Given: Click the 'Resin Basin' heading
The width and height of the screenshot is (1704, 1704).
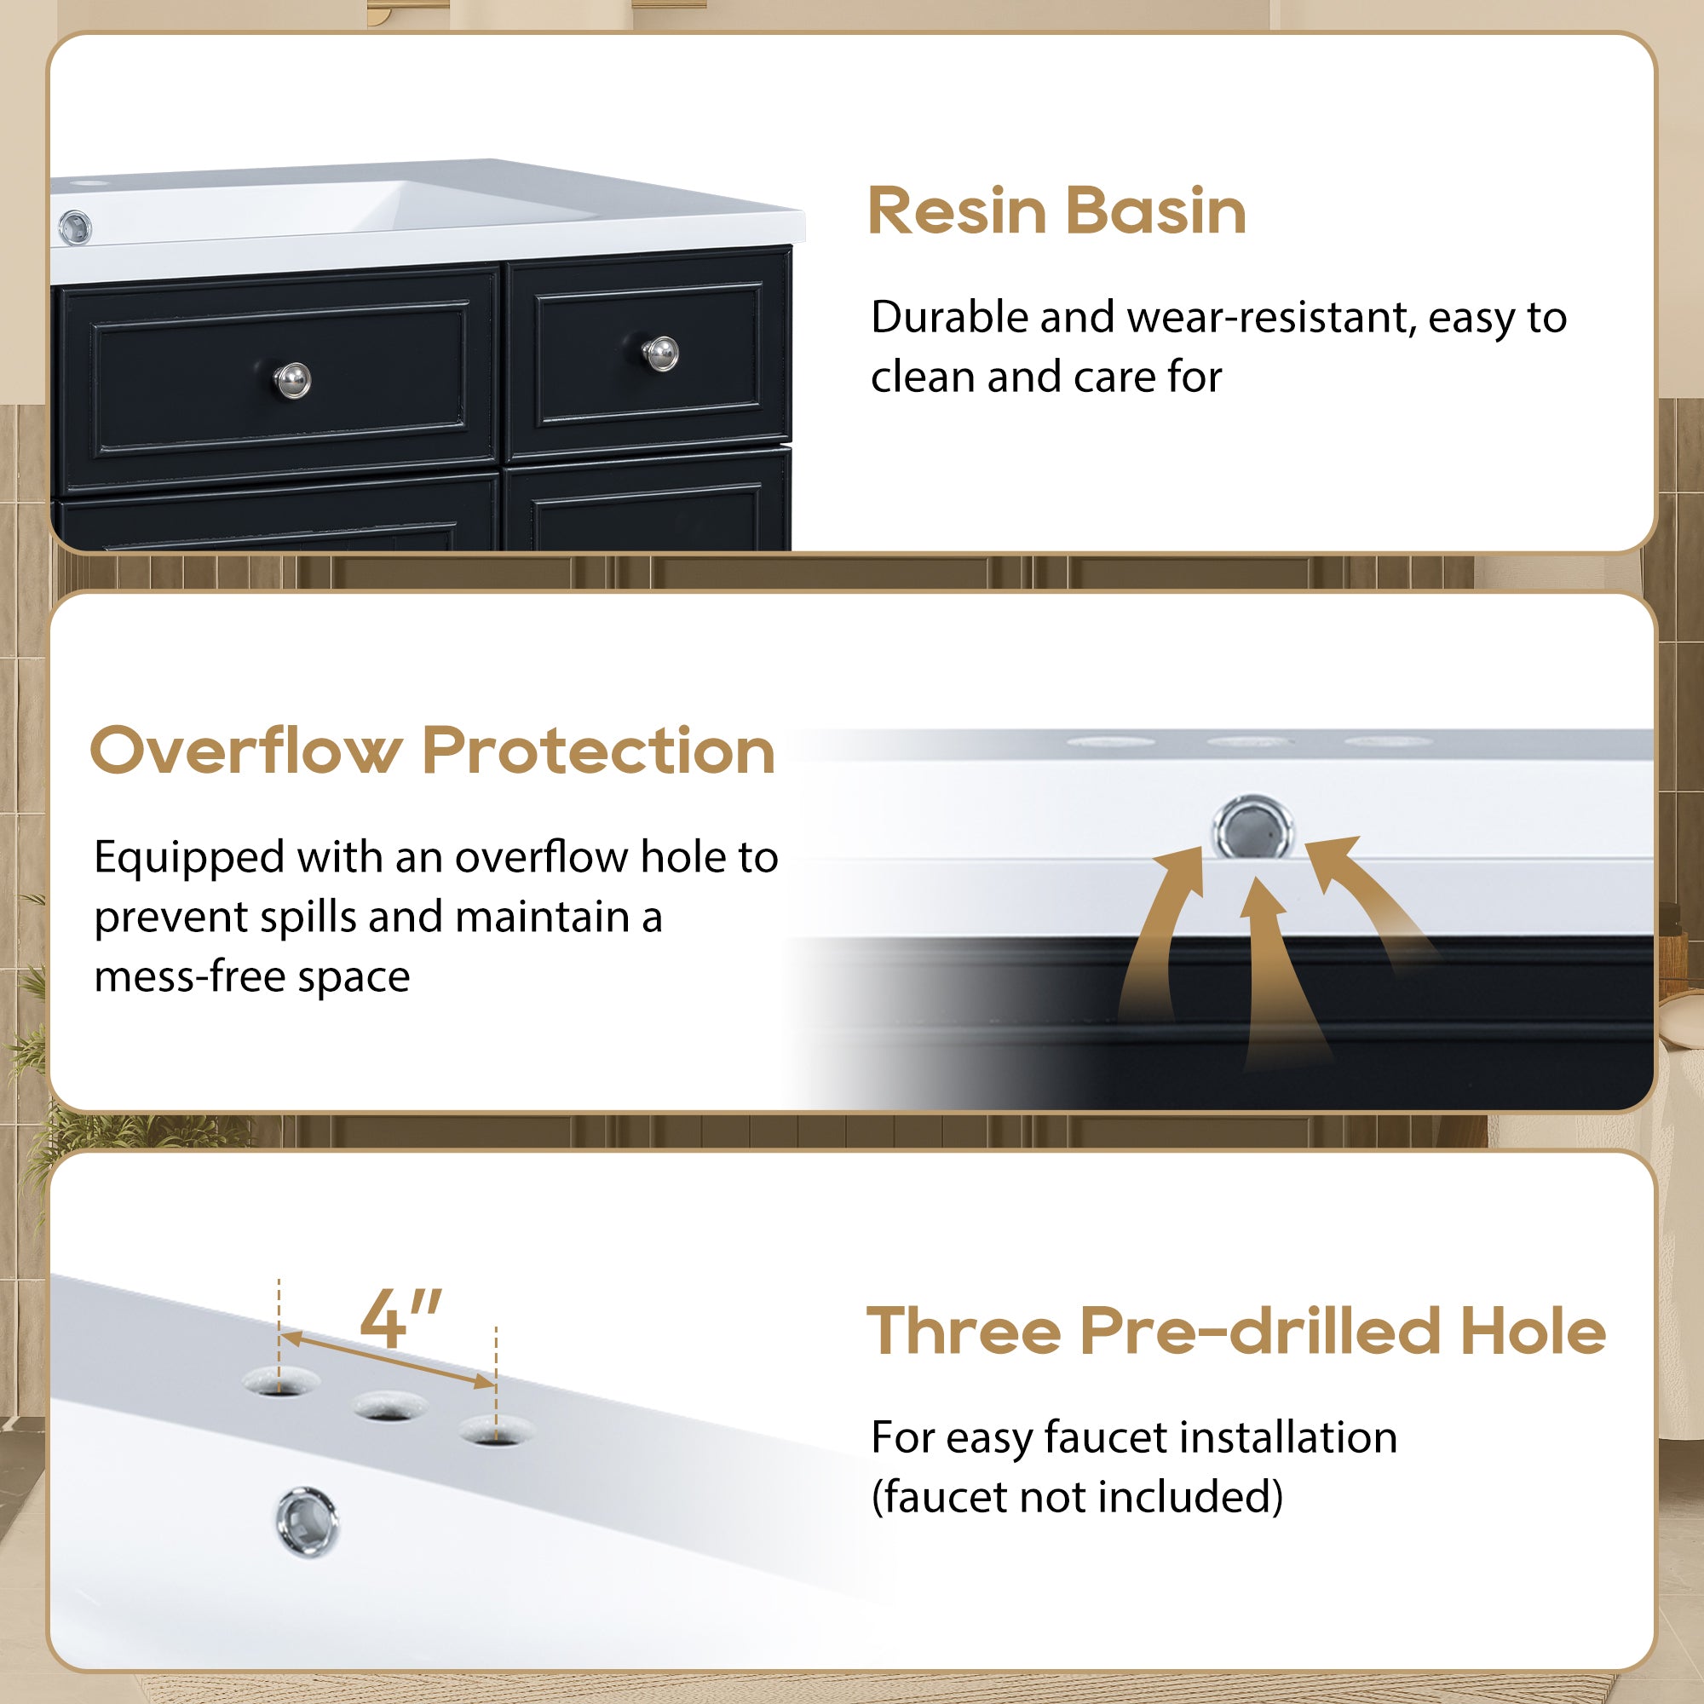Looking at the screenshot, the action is tap(1056, 210).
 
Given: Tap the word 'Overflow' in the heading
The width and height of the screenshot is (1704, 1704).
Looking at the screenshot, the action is tap(246, 751).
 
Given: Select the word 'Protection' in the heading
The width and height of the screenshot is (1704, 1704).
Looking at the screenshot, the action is tap(599, 751).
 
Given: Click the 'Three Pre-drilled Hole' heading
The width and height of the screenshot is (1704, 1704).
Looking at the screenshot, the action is tap(1236, 1331).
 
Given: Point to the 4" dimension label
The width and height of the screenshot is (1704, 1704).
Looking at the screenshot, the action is tap(401, 1318).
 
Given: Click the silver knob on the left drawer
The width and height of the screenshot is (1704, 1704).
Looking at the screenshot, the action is tap(292, 380).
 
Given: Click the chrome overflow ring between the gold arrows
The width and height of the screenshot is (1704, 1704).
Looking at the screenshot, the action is tap(1253, 826).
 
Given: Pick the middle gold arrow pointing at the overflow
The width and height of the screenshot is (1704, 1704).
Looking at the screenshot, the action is tap(1275, 970).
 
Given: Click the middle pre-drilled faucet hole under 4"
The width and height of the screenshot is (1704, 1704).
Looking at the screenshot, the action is tap(390, 1405).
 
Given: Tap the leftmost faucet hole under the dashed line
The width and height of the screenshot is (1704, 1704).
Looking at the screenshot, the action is tap(280, 1382).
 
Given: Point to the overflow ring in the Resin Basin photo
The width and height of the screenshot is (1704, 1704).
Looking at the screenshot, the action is tap(75, 227).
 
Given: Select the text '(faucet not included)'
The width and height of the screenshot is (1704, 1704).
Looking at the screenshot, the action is tap(1077, 1498).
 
